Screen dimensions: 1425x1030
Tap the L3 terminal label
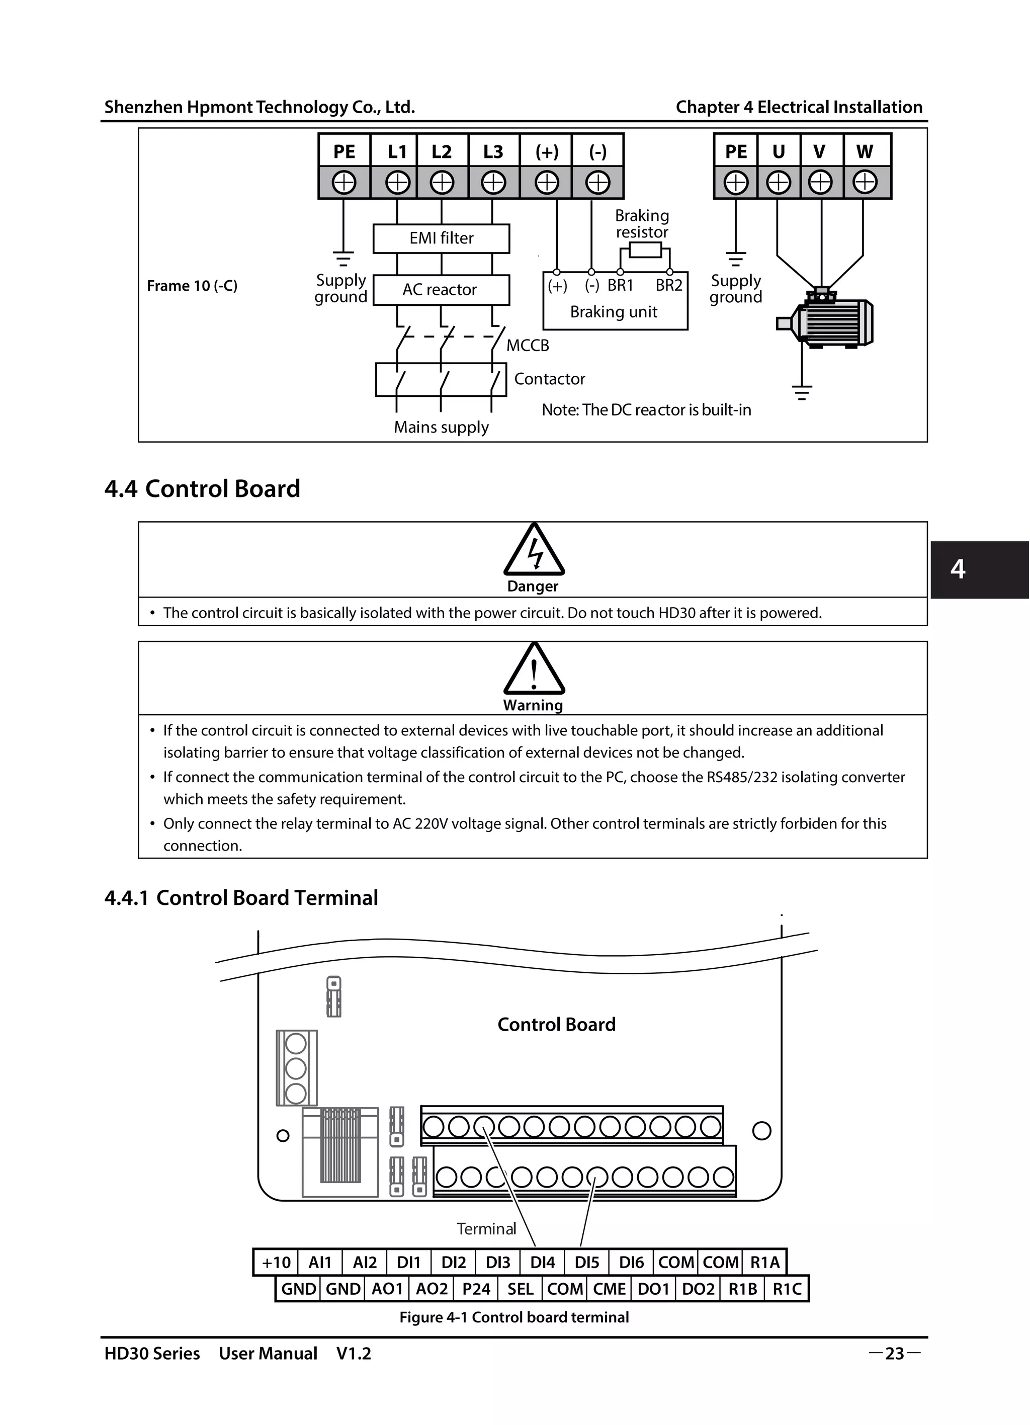point(493,151)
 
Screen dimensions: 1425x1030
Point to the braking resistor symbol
point(645,250)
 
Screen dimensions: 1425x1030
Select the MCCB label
point(528,346)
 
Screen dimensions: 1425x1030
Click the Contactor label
point(550,379)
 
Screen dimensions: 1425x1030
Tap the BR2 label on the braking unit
point(669,285)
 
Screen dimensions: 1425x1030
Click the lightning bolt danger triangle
point(534,551)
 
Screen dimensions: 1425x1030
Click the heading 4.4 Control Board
point(202,489)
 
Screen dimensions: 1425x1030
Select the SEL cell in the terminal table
point(520,1289)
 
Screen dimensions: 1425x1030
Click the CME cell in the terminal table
point(609,1289)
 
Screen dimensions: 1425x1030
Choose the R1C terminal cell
point(787,1289)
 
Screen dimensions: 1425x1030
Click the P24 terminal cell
point(476,1289)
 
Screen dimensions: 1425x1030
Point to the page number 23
point(894,1354)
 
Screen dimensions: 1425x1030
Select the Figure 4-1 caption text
point(514,1317)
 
